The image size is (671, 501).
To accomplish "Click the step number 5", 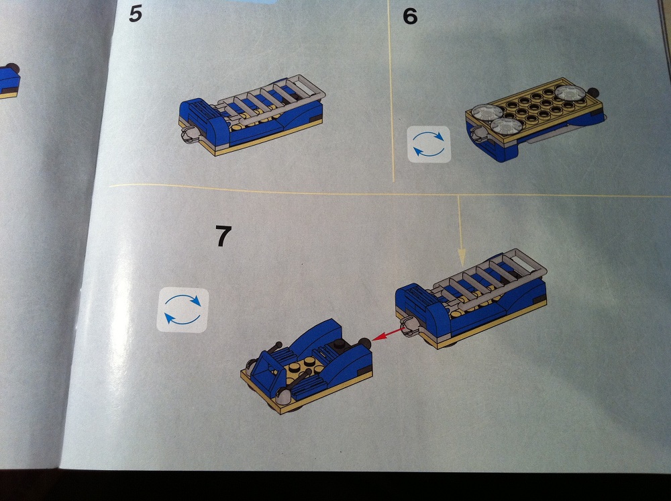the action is pyautogui.click(x=136, y=13).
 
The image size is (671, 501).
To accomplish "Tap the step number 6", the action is pyautogui.click(x=410, y=16).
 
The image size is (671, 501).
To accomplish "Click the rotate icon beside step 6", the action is pyautogui.click(x=429, y=144).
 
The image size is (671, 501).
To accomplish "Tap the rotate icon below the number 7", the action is pyautogui.click(x=183, y=310).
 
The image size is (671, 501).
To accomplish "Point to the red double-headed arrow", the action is pyautogui.click(x=389, y=334).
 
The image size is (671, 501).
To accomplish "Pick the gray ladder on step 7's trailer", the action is pyautogui.click(x=490, y=275).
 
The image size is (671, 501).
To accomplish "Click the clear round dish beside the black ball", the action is pyautogui.click(x=570, y=94).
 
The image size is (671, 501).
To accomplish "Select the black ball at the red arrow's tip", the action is pyautogui.click(x=364, y=343).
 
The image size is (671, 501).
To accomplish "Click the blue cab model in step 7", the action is pyautogui.click(x=307, y=366).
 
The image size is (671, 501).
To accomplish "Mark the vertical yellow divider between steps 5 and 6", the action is pyautogui.click(x=391, y=91).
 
